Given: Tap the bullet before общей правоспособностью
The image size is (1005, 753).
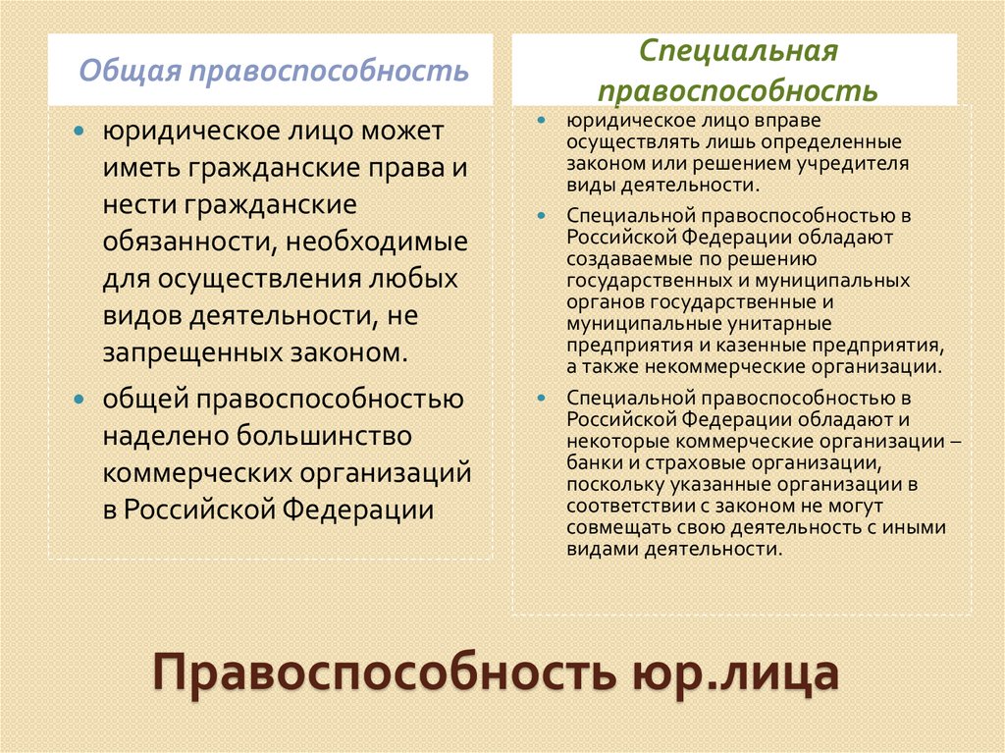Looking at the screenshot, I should click(81, 399).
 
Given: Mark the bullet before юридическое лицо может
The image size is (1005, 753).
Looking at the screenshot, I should click(81, 132).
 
